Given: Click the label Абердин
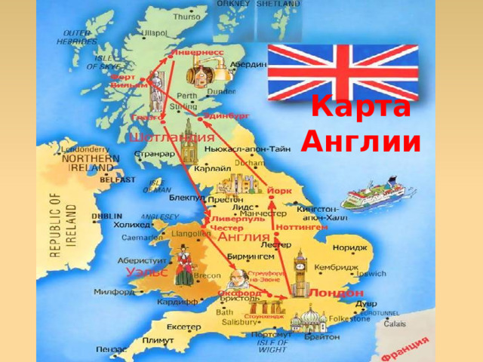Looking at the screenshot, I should tap(250, 65).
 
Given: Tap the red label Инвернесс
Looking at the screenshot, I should tap(198, 53).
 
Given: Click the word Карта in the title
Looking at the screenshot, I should tap(361, 107).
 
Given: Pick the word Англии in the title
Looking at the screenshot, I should tap(361, 140).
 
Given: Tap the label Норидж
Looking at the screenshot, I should tap(349, 247).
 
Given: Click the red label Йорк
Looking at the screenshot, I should tap(281, 192).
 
